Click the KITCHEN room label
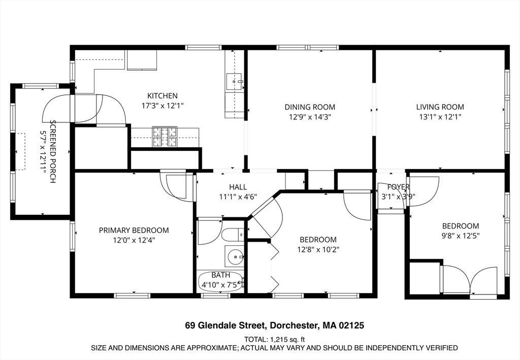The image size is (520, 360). (162, 96)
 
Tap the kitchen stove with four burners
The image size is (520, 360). (165, 137)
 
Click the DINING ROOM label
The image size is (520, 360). (310, 107)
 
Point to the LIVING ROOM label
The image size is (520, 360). (440, 107)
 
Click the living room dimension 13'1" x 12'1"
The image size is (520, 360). (440, 117)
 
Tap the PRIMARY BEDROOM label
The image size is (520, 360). (134, 230)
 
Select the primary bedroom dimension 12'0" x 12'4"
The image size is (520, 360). (134, 240)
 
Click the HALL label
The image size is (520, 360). (238, 187)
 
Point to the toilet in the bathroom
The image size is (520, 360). (233, 235)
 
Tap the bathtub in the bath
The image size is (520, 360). (221, 281)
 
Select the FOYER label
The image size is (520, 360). (398, 187)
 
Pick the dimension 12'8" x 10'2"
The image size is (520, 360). (318, 249)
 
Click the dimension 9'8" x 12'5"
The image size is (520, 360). (460, 236)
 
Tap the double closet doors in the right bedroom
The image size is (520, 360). (470, 280)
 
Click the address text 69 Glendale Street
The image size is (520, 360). (225, 325)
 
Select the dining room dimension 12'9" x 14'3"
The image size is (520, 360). (310, 117)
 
